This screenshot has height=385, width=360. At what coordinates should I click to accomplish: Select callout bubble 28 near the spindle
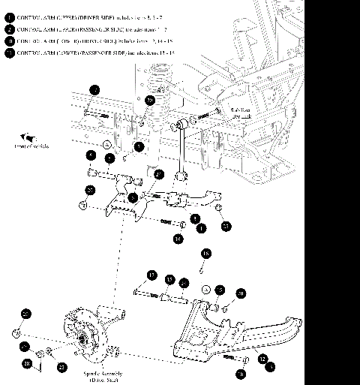pos(27,363)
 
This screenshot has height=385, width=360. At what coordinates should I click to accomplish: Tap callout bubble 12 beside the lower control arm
pos(262,359)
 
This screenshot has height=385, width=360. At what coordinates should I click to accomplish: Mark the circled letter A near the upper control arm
pos(106,143)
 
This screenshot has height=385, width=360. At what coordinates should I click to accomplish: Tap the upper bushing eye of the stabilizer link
pos(182,122)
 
